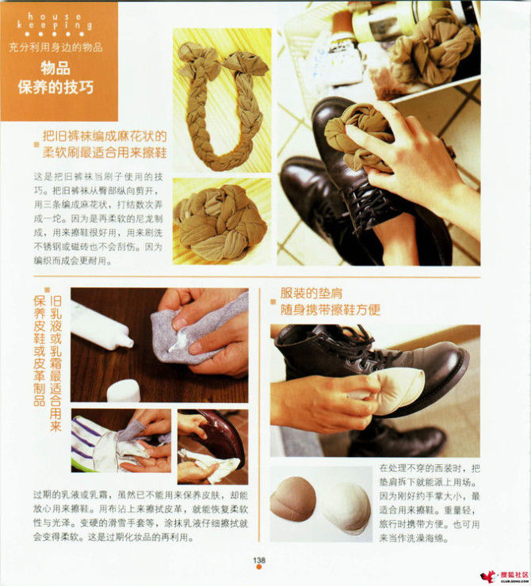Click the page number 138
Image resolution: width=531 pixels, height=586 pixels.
click(259, 560)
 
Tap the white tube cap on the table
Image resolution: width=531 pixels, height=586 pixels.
click(124, 390)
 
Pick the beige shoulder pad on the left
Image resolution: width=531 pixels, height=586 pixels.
click(293, 504)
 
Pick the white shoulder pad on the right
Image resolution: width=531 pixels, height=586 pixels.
click(346, 508)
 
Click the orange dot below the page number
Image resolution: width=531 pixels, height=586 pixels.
click(259, 569)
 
